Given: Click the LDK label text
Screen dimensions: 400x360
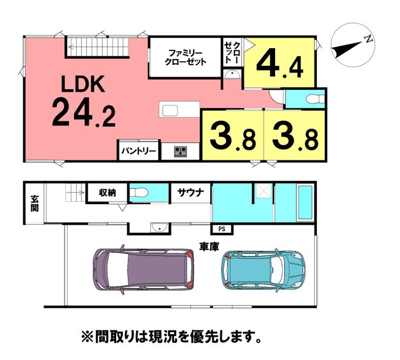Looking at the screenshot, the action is click(x=83, y=84).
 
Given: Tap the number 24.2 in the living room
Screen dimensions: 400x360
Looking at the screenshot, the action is click(x=84, y=112).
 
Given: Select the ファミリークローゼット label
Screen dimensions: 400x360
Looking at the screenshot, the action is click(x=185, y=57).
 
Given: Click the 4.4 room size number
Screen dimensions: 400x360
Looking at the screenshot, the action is click(x=280, y=64).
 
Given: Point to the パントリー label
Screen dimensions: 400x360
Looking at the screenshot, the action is click(x=138, y=151).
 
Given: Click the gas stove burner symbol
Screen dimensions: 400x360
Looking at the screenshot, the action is click(x=181, y=151).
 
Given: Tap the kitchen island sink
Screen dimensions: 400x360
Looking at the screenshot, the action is click(x=170, y=111).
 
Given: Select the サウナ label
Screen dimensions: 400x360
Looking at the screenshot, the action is click(x=191, y=192).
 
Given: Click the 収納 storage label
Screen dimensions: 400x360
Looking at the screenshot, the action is click(x=108, y=192).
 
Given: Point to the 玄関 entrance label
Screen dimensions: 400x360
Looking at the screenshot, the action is click(x=35, y=203).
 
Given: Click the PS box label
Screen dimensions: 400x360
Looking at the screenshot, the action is click(x=222, y=229).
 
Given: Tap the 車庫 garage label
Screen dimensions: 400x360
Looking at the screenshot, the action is click(x=209, y=246).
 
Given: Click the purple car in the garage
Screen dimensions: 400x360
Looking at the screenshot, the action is click(x=143, y=270).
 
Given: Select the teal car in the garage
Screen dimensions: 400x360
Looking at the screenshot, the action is click(x=264, y=270).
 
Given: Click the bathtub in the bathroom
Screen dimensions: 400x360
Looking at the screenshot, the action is click(x=305, y=203).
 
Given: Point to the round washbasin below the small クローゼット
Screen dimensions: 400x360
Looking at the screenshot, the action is click(x=232, y=75).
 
